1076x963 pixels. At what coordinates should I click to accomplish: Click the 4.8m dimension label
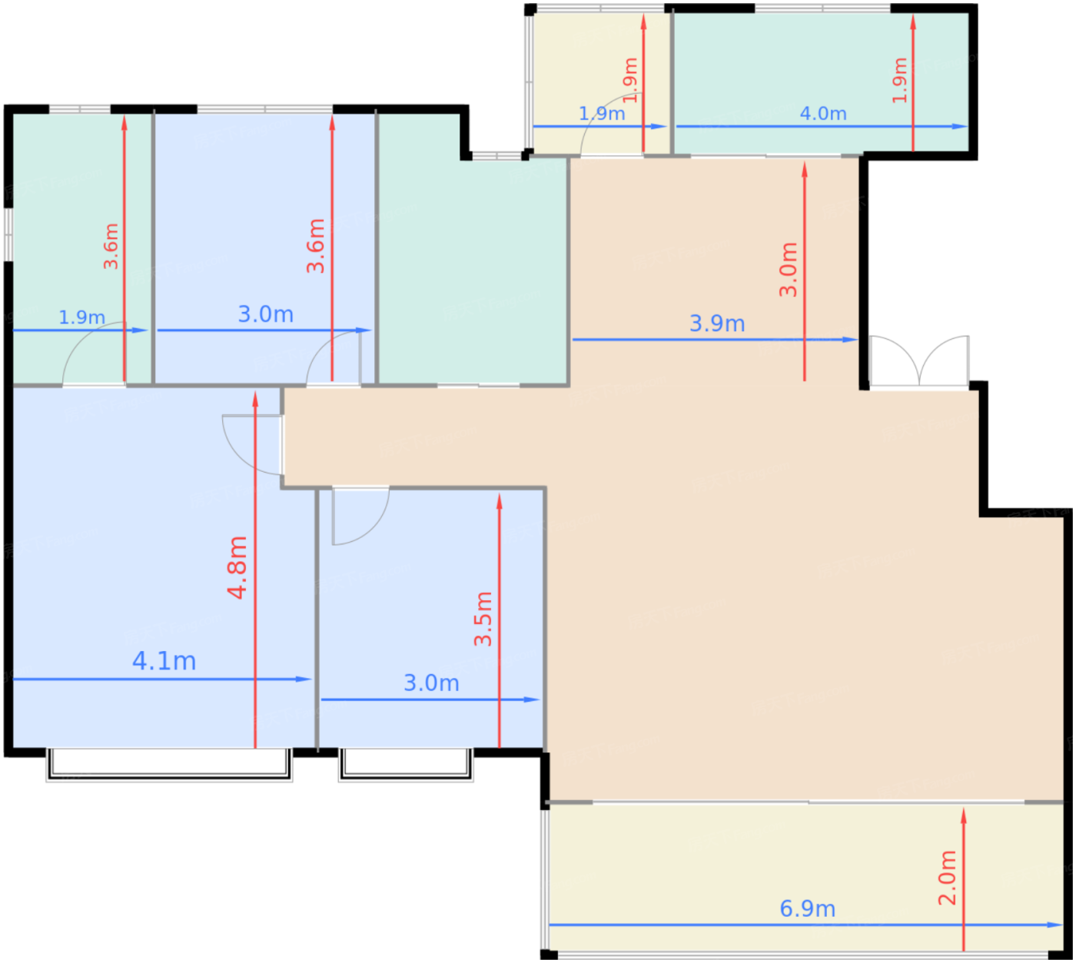coord(237,567)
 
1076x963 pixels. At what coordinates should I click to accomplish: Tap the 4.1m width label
coord(164,661)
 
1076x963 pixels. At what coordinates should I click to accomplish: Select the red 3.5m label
coord(483,619)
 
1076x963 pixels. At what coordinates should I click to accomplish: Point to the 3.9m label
coord(717,324)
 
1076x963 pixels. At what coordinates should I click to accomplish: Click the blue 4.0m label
coord(822,113)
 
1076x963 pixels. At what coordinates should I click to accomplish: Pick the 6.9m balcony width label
coord(807,909)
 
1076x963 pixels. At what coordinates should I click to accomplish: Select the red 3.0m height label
coord(788,269)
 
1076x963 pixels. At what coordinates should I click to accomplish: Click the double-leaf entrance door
coord(919,361)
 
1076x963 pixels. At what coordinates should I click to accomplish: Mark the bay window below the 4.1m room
coord(169,765)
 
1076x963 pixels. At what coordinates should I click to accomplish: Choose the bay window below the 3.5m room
coord(406,765)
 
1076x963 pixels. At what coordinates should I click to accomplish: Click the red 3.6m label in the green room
coord(111,247)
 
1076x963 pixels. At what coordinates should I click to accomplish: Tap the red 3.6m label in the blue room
coord(315,245)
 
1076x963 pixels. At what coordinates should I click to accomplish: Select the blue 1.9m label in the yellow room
coord(601,113)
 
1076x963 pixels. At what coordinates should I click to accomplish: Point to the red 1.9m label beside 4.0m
coord(899,80)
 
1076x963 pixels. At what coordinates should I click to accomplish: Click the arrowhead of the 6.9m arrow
coord(1055,925)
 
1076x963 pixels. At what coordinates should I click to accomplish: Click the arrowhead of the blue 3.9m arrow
coord(850,340)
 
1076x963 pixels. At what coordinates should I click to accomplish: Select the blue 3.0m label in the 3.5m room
coord(431,683)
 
